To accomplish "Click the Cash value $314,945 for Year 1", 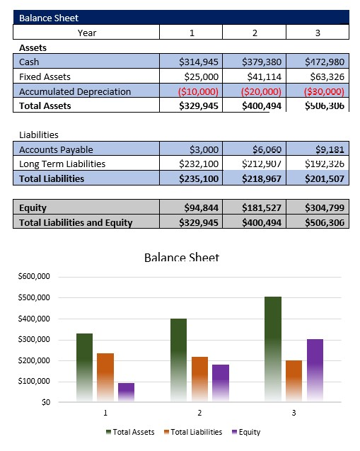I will coord(201,62).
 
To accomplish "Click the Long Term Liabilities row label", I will coord(62,164).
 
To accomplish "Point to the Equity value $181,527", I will coord(262,208).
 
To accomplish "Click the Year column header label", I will coord(87,33).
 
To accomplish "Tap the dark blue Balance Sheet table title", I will coord(50,18).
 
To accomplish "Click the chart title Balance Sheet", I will coord(181,258).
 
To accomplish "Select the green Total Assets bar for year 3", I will coord(273,347).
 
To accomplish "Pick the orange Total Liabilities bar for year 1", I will coord(105,375).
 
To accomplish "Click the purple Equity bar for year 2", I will coord(221,382).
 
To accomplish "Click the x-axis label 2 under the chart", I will coord(199,412).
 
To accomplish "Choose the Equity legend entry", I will coord(245,432).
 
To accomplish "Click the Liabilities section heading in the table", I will coord(39,135).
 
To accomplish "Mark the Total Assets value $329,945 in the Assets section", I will coord(201,105).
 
